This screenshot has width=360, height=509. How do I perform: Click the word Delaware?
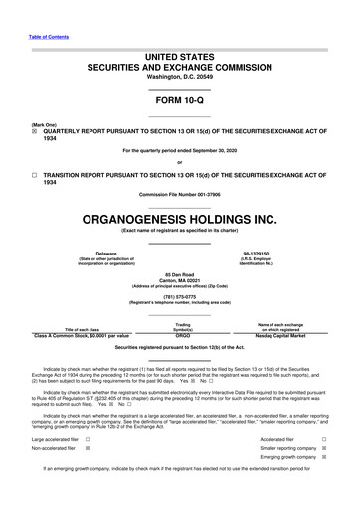click(97, 283)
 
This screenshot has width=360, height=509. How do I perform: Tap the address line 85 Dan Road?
click(179, 303)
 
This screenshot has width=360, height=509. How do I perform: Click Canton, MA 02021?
click(179, 310)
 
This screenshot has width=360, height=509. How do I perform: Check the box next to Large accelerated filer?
click(89, 467)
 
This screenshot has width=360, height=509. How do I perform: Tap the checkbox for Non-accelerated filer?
click(89, 477)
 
